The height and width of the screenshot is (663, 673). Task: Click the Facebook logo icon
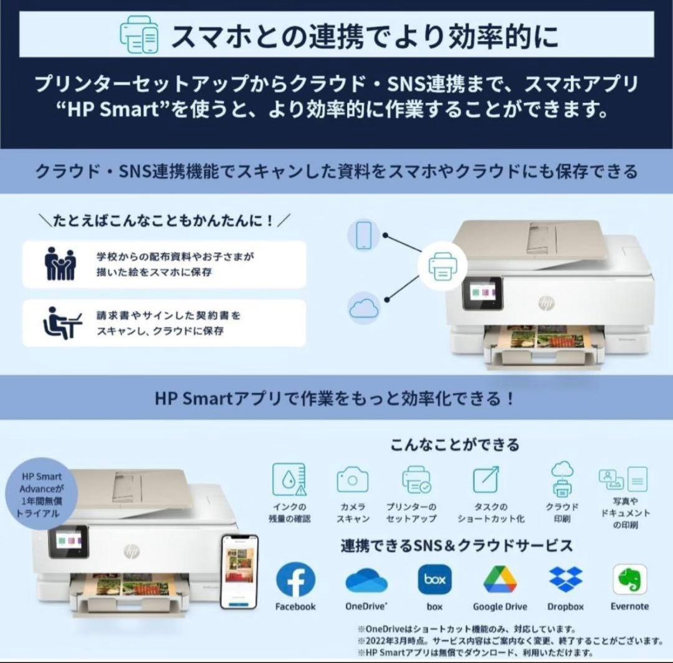tap(295, 580)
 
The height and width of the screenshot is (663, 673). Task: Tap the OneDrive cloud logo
tap(366, 580)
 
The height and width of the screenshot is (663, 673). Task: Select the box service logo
tap(434, 580)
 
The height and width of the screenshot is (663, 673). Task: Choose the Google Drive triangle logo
tap(500, 580)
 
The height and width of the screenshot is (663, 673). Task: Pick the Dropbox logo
tap(566, 580)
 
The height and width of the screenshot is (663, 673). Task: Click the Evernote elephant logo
tap(629, 580)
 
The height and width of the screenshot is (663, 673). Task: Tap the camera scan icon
tap(353, 480)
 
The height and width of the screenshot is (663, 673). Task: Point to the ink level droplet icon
tap(289, 480)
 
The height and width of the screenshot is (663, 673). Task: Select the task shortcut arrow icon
tap(485, 479)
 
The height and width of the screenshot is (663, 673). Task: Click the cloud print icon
tap(561, 479)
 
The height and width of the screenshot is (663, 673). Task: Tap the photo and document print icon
tap(623, 479)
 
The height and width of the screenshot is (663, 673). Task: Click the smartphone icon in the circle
tap(364, 235)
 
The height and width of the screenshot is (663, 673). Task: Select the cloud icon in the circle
tap(365, 308)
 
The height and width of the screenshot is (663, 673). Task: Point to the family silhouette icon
tap(60, 264)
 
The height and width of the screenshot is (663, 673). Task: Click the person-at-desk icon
tap(61, 323)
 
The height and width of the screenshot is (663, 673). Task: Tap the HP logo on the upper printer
tap(546, 303)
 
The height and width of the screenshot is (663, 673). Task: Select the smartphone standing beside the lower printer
tap(239, 570)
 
